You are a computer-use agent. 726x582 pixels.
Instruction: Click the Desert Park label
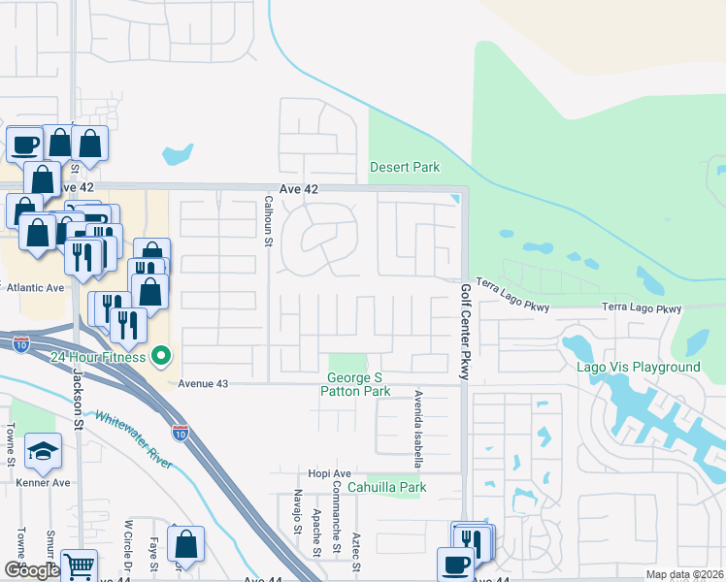(x=405, y=168)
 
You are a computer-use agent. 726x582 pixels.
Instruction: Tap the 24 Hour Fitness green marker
(x=161, y=357)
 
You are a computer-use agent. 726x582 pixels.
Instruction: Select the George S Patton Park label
(x=358, y=384)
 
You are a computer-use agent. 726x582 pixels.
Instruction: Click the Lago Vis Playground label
(x=650, y=368)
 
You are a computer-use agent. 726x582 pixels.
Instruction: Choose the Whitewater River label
(x=134, y=438)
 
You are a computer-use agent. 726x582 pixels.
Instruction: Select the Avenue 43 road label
(x=203, y=384)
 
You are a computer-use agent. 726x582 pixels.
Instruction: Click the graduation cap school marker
(x=43, y=450)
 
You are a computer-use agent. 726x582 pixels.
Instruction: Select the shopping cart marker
(x=80, y=565)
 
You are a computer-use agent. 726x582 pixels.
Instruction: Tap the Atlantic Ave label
(x=36, y=287)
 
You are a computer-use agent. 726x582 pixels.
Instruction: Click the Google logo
(x=32, y=570)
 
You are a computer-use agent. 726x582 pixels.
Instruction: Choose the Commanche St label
(x=337, y=506)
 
